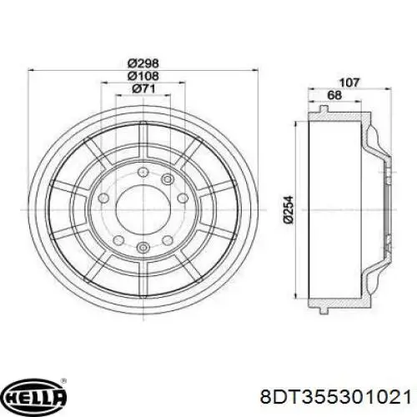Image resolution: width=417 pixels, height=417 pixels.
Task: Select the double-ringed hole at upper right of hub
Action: pos(167,180)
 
